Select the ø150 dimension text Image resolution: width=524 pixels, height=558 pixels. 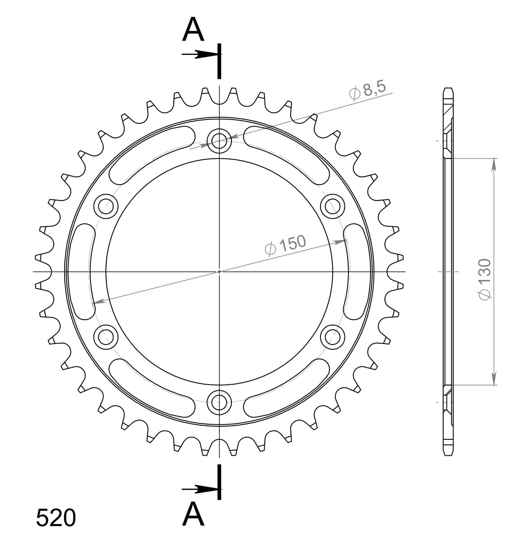[285, 245]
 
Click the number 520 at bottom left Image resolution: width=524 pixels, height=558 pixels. [56, 518]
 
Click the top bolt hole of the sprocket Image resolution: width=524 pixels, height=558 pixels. [219, 142]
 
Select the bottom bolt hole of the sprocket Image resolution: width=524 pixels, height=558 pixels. [219, 402]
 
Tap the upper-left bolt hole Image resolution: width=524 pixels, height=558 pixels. [106, 206]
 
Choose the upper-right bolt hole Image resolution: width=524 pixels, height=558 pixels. [332, 206]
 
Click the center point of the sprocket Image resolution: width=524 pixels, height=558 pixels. [219, 271]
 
